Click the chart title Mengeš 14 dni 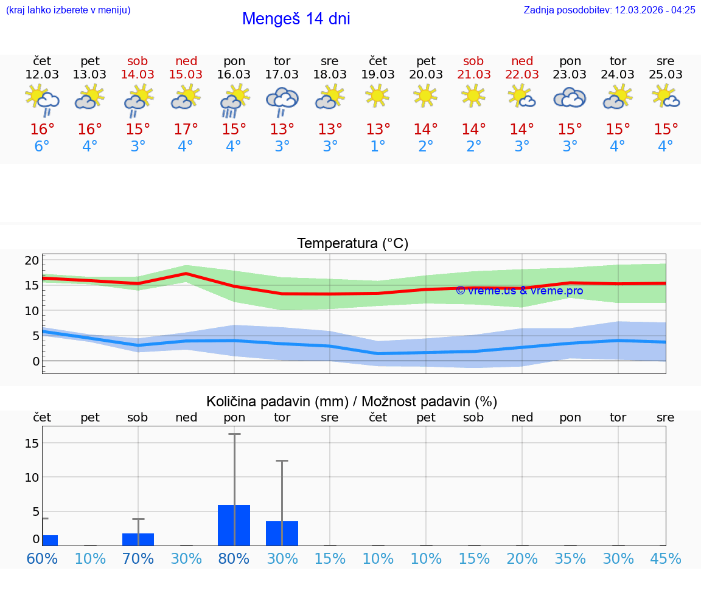pyautogui.click(x=296, y=19)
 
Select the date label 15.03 pyautogui.click(x=186, y=75)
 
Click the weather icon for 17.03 pyautogui.click(x=282, y=100)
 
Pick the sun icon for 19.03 pyautogui.click(x=377, y=95)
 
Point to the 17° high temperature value pyautogui.click(x=186, y=130)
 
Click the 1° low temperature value pyautogui.click(x=378, y=147)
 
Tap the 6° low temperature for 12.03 pyautogui.click(x=42, y=147)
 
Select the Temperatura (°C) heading pyautogui.click(x=352, y=244)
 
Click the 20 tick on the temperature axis pyautogui.click(x=32, y=260)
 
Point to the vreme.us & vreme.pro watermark pyautogui.click(x=519, y=291)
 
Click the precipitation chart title pyautogui.click(x=352, y=401)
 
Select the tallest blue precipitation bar pyautogui.click(x=234, y=525)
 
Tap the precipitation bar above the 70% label pyautogui.click(x=138, y=539)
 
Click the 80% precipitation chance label pyautogui.click(x=234, y=558)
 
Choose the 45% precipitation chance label pyautogui.click(x=666, y=558)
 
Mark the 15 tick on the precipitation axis pyautogui.click(x=32, y=443)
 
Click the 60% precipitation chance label pyautogui.click(x=42, y=558)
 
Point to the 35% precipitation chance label pyautogui.click(x=570, y=558)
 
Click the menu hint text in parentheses pyautogui.click(x=68, y=10)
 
